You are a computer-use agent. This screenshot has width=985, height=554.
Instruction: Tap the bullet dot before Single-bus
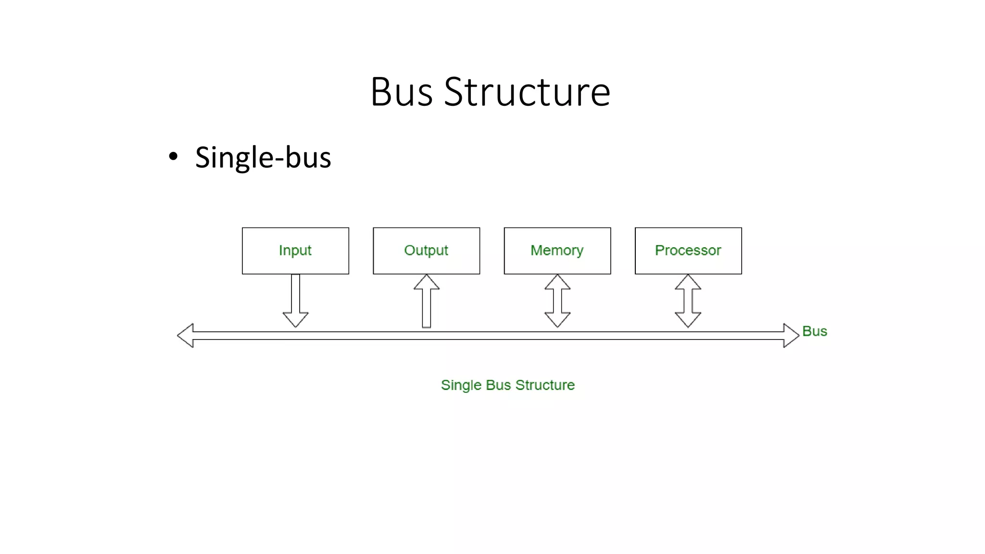(x=173, y=156)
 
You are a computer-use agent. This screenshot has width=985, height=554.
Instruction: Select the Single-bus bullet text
(x=263, y=157)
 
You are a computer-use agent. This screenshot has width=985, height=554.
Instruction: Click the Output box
(x=426, y=262)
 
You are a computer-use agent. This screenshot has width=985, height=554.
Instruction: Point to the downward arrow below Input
(x=295, y=301)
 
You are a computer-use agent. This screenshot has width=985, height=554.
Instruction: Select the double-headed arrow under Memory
(x=557, y=301)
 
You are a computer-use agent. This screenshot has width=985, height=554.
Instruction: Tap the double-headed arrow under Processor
(x=688, y=301)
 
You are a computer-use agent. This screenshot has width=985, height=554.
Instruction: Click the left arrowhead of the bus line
(x=186, y=336)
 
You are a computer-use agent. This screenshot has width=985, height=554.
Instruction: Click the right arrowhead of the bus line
(x=791, y=336)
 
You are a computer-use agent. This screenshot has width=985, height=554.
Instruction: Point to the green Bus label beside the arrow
(x=815, y=331)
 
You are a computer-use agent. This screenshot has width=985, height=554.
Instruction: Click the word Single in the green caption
(x=461, y=385)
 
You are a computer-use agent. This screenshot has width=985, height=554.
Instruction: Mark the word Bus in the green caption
(x=498, y=385)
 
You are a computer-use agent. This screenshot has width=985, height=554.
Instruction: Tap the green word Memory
(x=557, y=251)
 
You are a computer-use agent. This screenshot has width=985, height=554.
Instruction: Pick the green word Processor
(x=688, y=250)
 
